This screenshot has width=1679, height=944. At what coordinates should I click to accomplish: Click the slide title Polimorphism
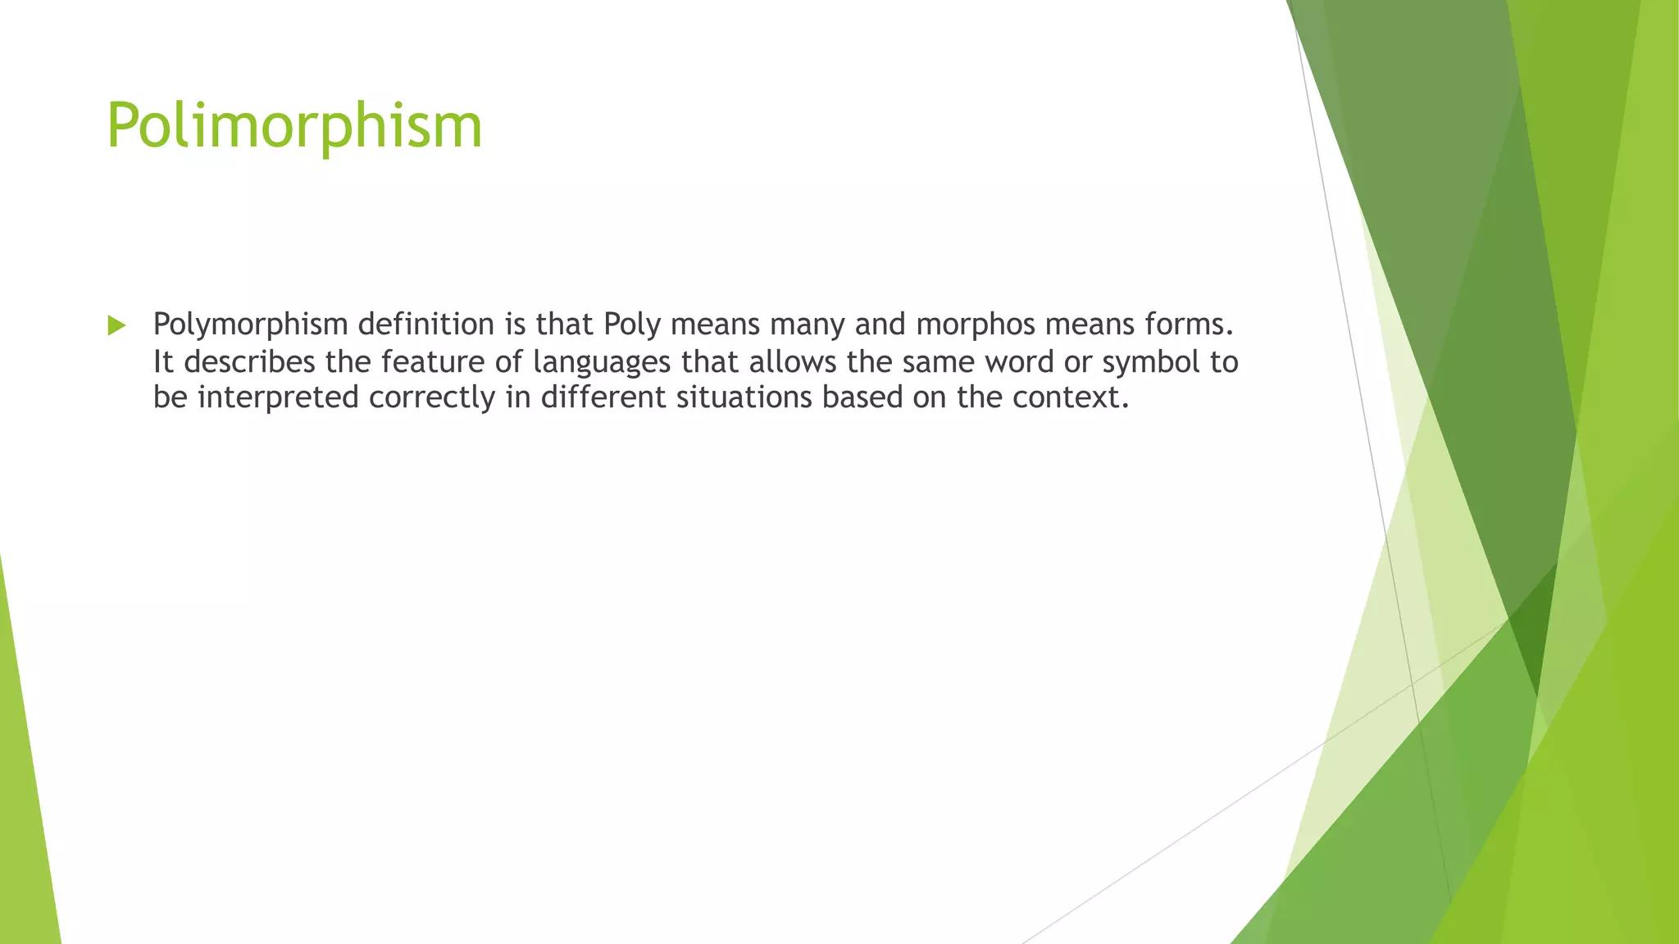pos(294,126)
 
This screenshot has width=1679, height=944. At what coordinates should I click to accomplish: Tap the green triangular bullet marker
pos(116,325)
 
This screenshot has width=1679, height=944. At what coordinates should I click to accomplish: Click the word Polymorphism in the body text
pos(251,325)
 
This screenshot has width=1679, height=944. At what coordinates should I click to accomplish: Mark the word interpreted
pos(278,398)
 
